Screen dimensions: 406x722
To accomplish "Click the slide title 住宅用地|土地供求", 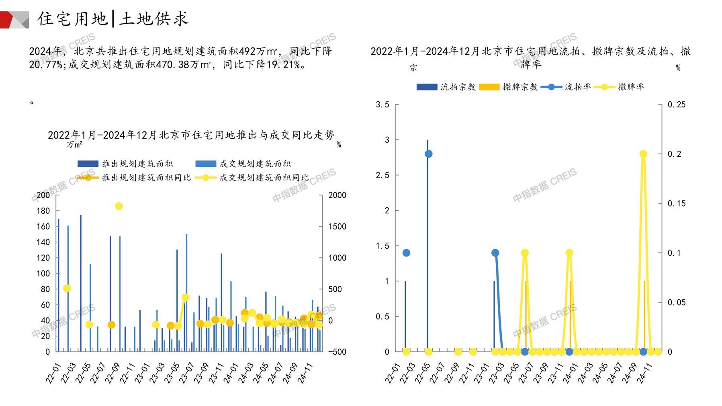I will coord(113,19).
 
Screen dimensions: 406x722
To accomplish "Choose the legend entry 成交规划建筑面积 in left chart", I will coord(255,164).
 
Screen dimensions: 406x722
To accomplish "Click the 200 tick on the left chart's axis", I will coord(43,195).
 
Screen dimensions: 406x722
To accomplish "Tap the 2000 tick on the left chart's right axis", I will coord(337,195).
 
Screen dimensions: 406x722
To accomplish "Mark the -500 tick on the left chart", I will coord(337,352).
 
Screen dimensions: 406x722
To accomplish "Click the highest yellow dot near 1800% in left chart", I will coord(119,206).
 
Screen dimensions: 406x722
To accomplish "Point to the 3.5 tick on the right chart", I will coord(382,105).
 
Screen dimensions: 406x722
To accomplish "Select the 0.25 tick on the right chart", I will coord(677,105).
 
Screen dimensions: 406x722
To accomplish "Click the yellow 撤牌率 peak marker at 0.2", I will coord(643,154).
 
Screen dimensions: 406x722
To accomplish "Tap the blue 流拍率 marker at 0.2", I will coord(428,154).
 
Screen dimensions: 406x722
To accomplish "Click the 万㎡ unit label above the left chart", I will coord(75,144).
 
